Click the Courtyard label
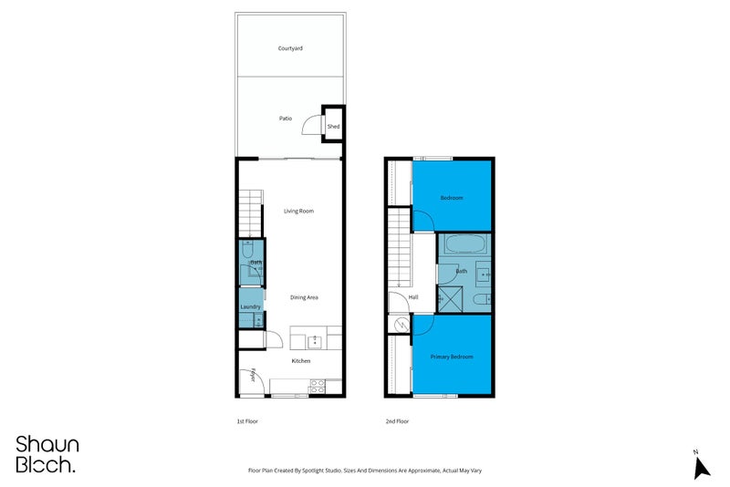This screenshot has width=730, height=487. pyautogui.click(x=291, y=47)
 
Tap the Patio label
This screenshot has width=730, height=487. pyautogui.click(x=286, y=119)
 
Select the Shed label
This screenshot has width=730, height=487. pyautogui.click(x=333, y=126)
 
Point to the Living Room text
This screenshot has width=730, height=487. pyautogui.click(x=298, y=211)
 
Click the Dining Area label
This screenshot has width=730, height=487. pyautogui.click(x=304, y=297)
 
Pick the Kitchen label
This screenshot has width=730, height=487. pyautogui.click(x=301, y=361)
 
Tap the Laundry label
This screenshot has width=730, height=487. pyautogui.click(x=251, y=307)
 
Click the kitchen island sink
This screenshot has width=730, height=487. pyautogui.click(x=314, y=341)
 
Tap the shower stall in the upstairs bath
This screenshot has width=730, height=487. pyautogui.click(x=448, y=296)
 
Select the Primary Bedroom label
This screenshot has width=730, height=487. pyautogui.click(x=453, y=357)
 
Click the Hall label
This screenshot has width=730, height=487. pyautogui.click(x=412, y=297)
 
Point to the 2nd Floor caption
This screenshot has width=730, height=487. pyautogui.click(x=397, y=421)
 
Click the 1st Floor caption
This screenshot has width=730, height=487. pyautogui.click(x=248, y=421)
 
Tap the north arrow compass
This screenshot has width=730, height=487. pyautogui.click(x=701, y=465)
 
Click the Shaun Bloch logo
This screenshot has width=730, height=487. pyautogui.click(x=47, y=453)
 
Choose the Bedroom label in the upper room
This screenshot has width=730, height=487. pyautogui.click(x=452, y=198)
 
